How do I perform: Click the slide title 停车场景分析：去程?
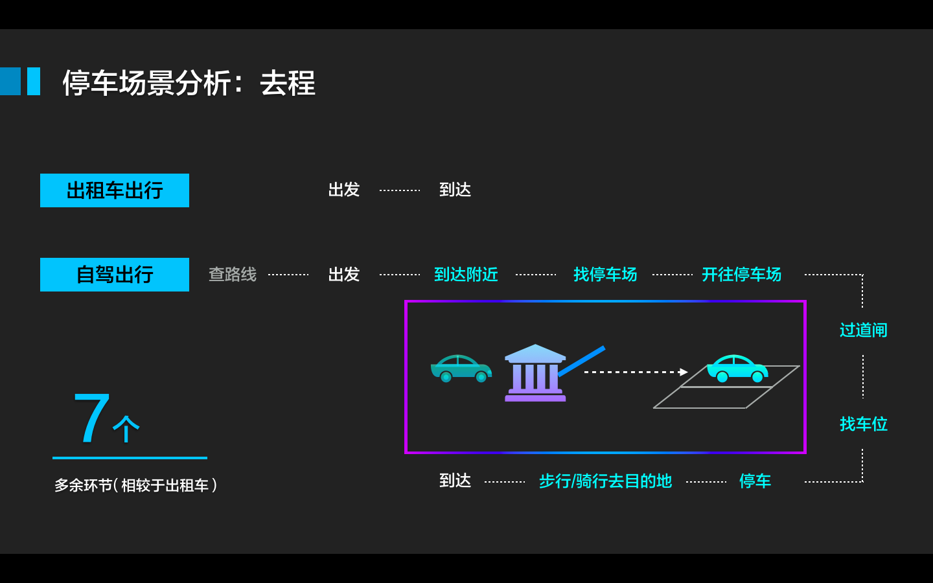pyautogui.click(x=189, y=83)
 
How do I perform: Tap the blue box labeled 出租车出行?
pyautogui.click(x=115, y=190)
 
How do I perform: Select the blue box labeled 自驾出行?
pyautogui.click(x=115, y=275)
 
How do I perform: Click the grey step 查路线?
pyautogui.click(x=232, y=275)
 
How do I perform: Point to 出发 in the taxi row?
pyautogui.click(x=343, y=190)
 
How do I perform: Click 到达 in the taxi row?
pyautogui.click(x=455, y=190)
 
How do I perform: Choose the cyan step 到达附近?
pyautogui.click(x=466, y=275)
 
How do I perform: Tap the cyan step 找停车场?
pyautogui.click(x=605, y=275)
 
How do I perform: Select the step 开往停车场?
pyautogui.click(x=741, y=275)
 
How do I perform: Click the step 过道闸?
pyautogui.click(x=863, y=330)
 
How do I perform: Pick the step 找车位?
pyautogui.click(x=863, y=424)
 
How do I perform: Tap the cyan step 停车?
pyautogui.click(x=755, y=481)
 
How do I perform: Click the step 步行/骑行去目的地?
pyautogui.click(x=605, y=481)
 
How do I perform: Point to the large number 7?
pyautogui.click(x=91, y=418)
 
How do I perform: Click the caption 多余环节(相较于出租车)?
pyautogui.click(x=135, y=485)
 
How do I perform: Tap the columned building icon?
pyautogui.click(x=535, y=374)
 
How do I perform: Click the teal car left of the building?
pyautogui.click(x=461, y=369)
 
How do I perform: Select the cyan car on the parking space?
pyautogui.click(x=737, y=369)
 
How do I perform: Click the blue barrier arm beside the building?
pyautogui.click(x=582, y=361)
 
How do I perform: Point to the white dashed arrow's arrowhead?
pyautogui.click(x=683, y=372)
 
